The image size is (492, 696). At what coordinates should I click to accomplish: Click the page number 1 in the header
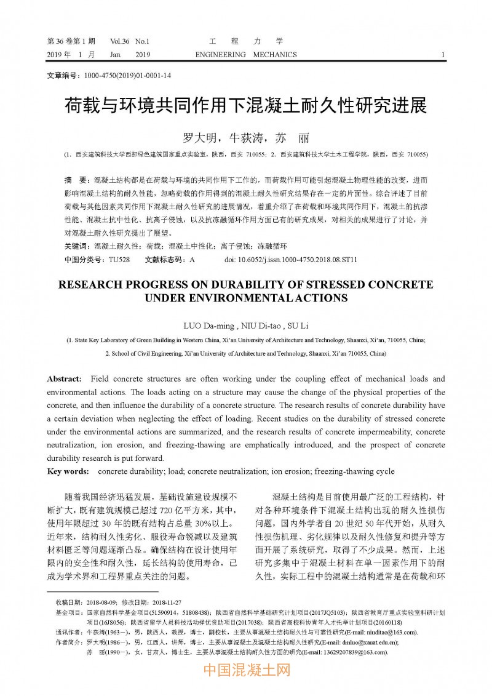(443, 55)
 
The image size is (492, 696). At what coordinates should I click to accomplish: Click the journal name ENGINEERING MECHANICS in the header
(245, 55)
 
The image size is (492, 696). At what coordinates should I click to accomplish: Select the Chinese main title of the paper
(245, 106)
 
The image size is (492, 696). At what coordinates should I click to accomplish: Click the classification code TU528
(119, 260)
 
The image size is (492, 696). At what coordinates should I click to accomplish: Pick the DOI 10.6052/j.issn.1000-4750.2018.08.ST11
(291, 260)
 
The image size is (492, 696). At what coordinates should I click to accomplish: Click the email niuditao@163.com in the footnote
(390, 632)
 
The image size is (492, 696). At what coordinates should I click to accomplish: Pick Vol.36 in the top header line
(120, 41)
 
